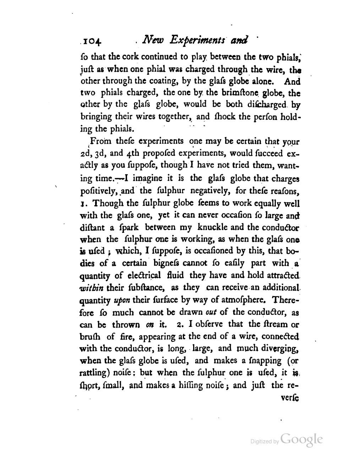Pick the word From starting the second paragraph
pos(101,141)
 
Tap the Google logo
pos(301,439)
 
